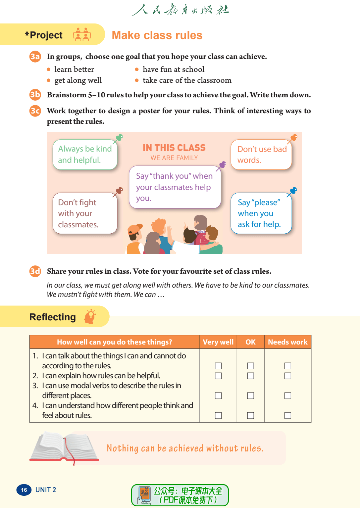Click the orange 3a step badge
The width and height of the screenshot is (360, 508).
35,57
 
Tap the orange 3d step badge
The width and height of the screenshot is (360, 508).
35,271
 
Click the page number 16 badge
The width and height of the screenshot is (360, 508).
24,490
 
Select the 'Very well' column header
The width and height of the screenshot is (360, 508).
218,342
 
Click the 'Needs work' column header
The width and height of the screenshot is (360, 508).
287,342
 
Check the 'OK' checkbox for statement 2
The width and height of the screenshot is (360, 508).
251,376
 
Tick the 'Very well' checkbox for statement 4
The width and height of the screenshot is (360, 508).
218,415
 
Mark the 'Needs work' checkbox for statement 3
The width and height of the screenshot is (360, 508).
288,395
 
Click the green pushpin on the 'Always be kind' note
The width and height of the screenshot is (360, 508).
119,137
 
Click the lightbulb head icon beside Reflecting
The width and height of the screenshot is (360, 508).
90,317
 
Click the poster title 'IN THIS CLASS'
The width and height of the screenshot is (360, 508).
174,148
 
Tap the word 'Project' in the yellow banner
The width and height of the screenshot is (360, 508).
46,35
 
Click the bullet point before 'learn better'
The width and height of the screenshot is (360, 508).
49,69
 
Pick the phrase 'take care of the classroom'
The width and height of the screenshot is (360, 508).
187,80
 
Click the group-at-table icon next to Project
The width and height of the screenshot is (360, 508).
82,34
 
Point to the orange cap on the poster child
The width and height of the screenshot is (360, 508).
134,229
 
